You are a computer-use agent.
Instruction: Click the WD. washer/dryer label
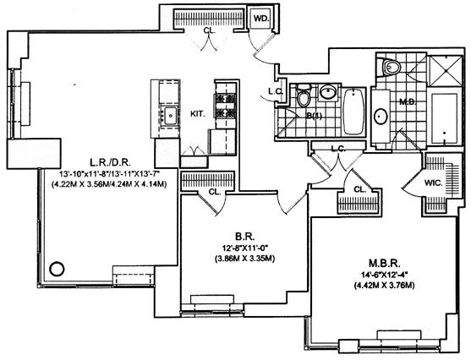(x=261, y=19)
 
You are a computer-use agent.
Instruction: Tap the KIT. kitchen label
(x=198, y=114)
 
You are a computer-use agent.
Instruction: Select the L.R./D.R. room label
(x=110, y=163)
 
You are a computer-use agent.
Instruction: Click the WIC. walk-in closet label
(x=434, y=183)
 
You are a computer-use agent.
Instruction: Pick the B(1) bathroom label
(x=312, y=116)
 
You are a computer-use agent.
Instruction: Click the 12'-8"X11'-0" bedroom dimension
(x=244, y=248)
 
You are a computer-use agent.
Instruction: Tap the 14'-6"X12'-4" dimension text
(x=385, y=275)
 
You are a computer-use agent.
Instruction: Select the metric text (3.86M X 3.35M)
(x=244, y=259)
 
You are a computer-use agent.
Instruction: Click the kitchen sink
(x=170, y=115)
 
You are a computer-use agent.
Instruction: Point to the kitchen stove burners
(x=225, y=105)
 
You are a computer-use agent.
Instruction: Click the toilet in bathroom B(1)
(x=304, y=96)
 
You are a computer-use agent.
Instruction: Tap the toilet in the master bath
(x=392, y=68)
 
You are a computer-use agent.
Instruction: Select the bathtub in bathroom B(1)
(x=353, y=112)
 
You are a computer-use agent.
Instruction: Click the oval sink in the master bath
(x=381, y=116)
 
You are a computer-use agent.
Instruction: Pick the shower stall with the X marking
(x=445, y=71)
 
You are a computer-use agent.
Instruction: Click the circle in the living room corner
(x=57, y=269)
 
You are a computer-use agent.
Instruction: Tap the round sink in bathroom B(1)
(x=328, y=91)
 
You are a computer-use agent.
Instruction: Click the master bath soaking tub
(x=445, y=119)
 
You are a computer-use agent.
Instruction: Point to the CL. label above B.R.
(x=215, y=192)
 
